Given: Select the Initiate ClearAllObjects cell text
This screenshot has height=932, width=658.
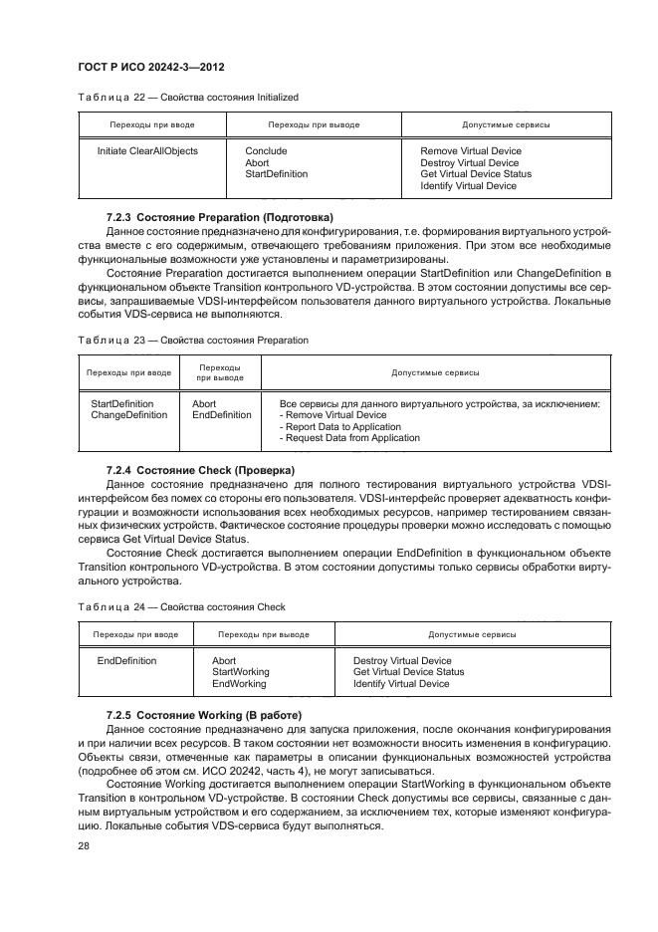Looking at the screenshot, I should [147, 151].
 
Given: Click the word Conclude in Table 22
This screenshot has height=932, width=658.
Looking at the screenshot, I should [266, 151].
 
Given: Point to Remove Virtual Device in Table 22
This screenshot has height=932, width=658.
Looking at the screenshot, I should [470, 151].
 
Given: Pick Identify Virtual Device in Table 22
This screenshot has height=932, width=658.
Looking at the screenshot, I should [468, 186].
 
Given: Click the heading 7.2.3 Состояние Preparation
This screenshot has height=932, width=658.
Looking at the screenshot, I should [220, 217].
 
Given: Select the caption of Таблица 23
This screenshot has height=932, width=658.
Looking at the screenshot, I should [192, 340].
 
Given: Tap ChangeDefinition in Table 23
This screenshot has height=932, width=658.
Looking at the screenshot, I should [128, 415].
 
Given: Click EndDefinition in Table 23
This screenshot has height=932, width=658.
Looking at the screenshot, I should [221, 415].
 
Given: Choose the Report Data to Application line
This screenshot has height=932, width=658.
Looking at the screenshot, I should [341, 427].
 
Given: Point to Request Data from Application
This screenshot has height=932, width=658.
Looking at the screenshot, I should [350, 438].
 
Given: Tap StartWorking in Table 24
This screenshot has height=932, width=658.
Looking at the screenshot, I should [240, 672].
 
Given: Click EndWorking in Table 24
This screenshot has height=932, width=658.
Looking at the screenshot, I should [239, 684].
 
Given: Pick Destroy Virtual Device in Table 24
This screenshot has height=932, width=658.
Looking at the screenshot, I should [402, 660].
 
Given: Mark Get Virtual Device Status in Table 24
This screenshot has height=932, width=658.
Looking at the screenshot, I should [408, 672].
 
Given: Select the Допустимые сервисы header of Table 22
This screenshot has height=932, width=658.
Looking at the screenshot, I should [506, 125].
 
